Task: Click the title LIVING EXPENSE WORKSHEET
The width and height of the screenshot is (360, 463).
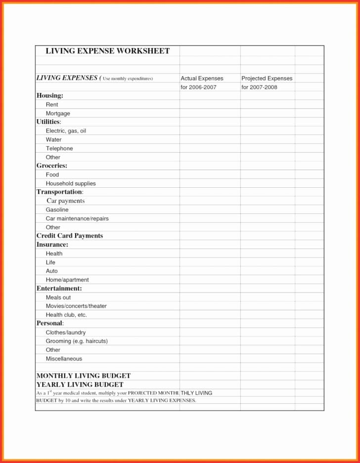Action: (107, 51)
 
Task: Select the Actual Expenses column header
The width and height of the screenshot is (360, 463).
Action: (202, 79)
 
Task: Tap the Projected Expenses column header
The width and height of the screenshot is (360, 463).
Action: (267, 79)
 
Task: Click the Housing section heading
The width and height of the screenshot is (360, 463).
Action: (49, 95)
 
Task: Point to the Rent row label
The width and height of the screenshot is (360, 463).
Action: (52, 105)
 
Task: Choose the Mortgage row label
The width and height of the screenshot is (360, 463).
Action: (58, 114)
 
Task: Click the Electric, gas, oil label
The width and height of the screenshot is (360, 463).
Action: (66, 131)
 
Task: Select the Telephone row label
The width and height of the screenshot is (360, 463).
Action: (59, 148)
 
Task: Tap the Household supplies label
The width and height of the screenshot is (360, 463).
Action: (71, 183)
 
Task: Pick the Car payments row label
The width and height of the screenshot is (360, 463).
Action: (66, 201)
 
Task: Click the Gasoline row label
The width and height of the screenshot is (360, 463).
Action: (57, 210)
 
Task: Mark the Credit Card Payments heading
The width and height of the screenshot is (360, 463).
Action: (70, 236)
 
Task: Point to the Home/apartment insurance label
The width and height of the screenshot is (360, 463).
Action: (67, 280)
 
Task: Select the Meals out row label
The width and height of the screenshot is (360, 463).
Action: (58, 297)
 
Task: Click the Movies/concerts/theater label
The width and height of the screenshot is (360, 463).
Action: (76, 306)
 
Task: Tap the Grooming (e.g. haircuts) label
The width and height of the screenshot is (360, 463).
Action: (77, 341)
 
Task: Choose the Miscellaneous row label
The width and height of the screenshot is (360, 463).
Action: (64, 359)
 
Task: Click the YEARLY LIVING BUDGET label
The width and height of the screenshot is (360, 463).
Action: (80, 384)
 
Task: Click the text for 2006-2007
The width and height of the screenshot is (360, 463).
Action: (198, 87)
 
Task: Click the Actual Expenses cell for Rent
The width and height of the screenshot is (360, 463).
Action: (210, 105)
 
